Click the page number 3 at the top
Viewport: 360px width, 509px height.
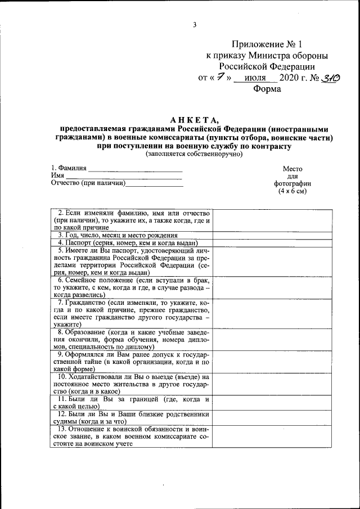pyautogui.click(x=194, y=24)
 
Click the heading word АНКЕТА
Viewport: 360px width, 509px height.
pyautogui.click(x=193, y=119)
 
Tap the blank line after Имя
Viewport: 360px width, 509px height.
pyautogui.click(x=124, y=176)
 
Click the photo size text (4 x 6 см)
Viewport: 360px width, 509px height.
pyautogui.click(x=292, y=191)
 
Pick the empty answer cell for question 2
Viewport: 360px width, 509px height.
pyautogui.click(x=272, y=220)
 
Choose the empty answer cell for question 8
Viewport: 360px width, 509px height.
pyautogui.click(x=272, y=339)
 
